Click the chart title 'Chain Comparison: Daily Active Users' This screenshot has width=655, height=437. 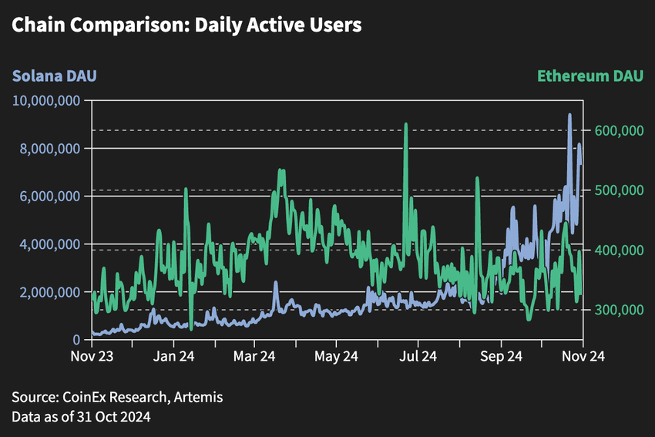pyautogui.click(x=186, y=25)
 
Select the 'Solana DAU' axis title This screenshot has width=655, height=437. pyautogui.click(x=54, y=76)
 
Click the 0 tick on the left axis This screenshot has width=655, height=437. pyautogui.click(x=79, y=340)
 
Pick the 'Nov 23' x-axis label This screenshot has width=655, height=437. pyautogui.click(x=92, y=357)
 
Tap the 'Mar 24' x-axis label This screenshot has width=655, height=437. pyautogui.click(x=254, y=357)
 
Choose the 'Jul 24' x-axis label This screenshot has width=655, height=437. pyautogui.click(x=418, y=357)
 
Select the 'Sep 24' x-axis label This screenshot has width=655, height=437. pyautogui.click(x=501, y=357)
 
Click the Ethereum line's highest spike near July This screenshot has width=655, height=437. pyautogui.click(x=405, y=125)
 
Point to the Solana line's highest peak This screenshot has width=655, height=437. pyautogui.click(x=569, y=115)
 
